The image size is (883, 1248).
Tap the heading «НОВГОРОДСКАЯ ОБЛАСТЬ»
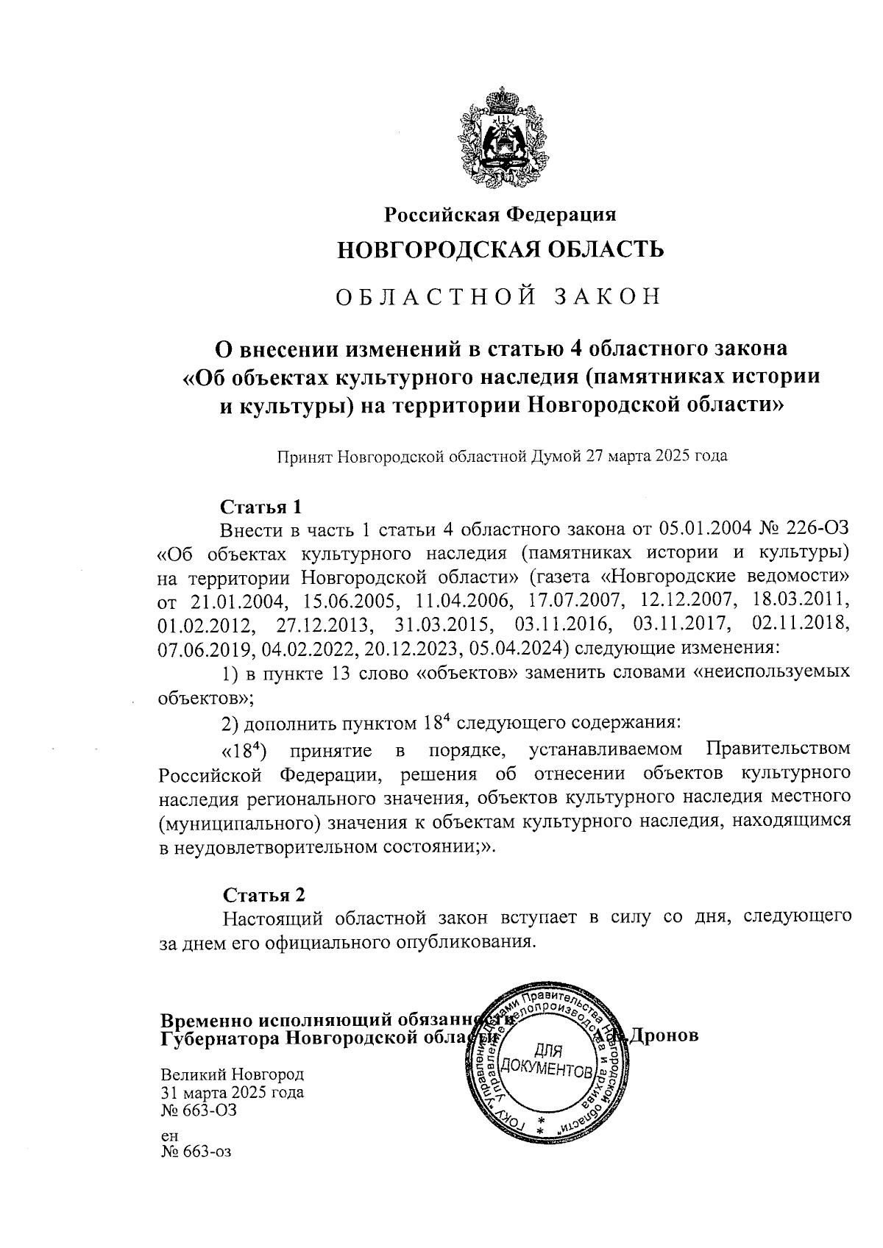[x=500, y=249]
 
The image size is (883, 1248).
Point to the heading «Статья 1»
[x=262, y=507]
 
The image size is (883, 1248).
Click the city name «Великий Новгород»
[x=232, y=1074]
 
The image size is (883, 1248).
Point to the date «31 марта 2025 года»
[x=232, y=1092]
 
